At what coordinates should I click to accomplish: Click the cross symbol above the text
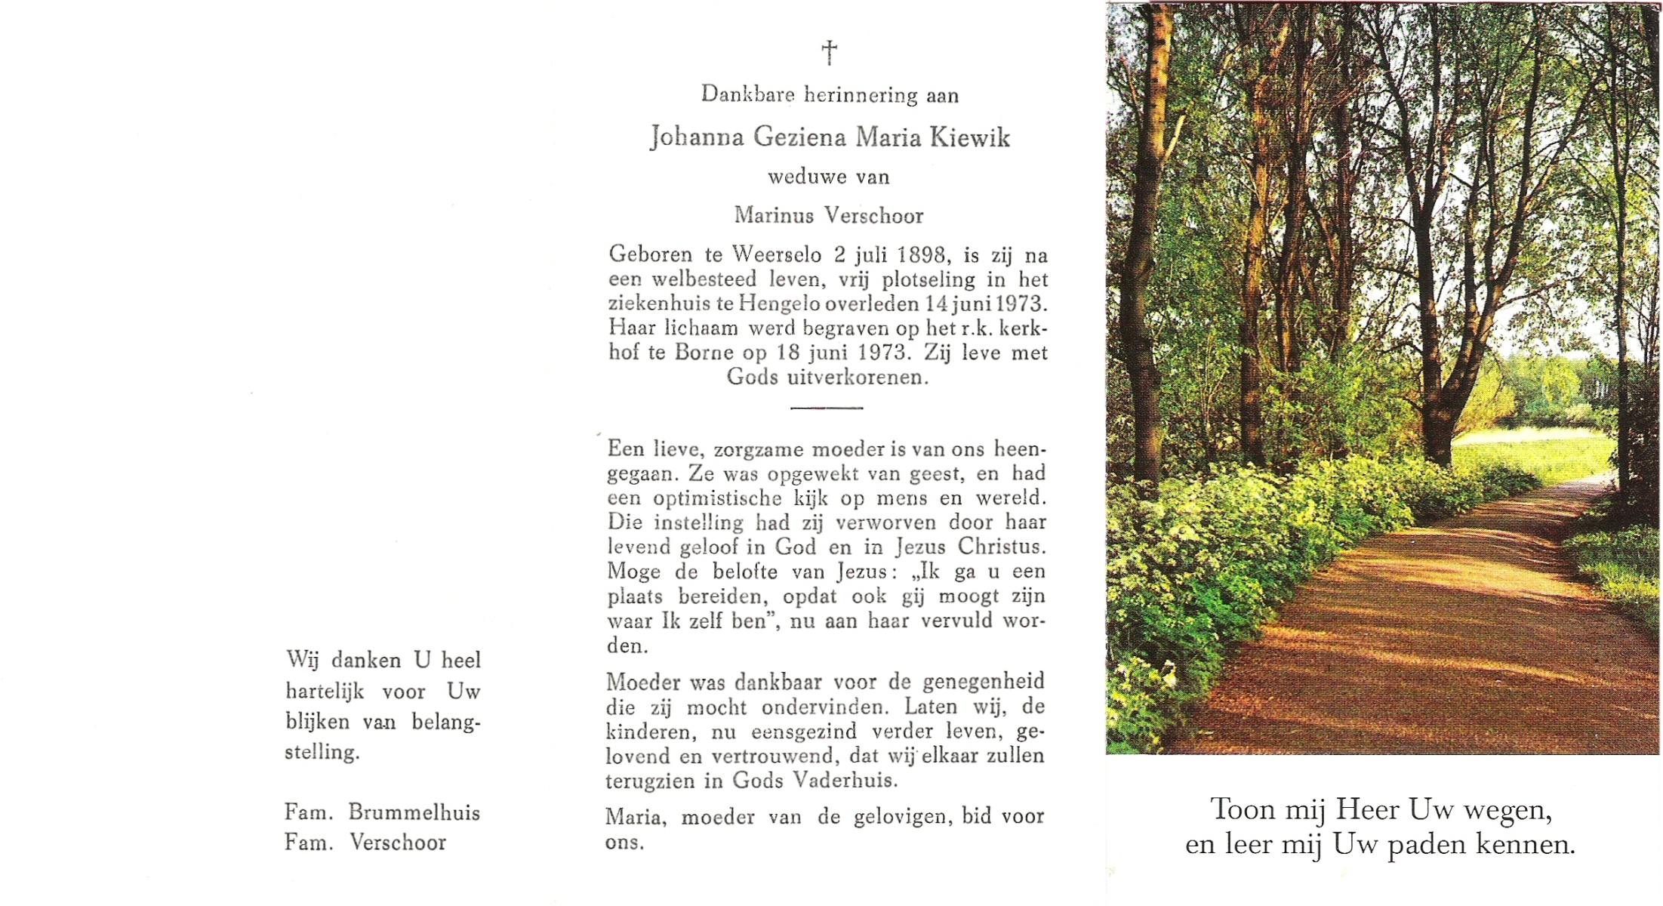point(829,53)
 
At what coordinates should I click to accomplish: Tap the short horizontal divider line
point(827,408)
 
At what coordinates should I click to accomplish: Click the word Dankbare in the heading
point(747,95)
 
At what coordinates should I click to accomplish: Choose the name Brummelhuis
point(414,813)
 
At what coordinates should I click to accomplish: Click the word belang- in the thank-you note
point(445,723)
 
